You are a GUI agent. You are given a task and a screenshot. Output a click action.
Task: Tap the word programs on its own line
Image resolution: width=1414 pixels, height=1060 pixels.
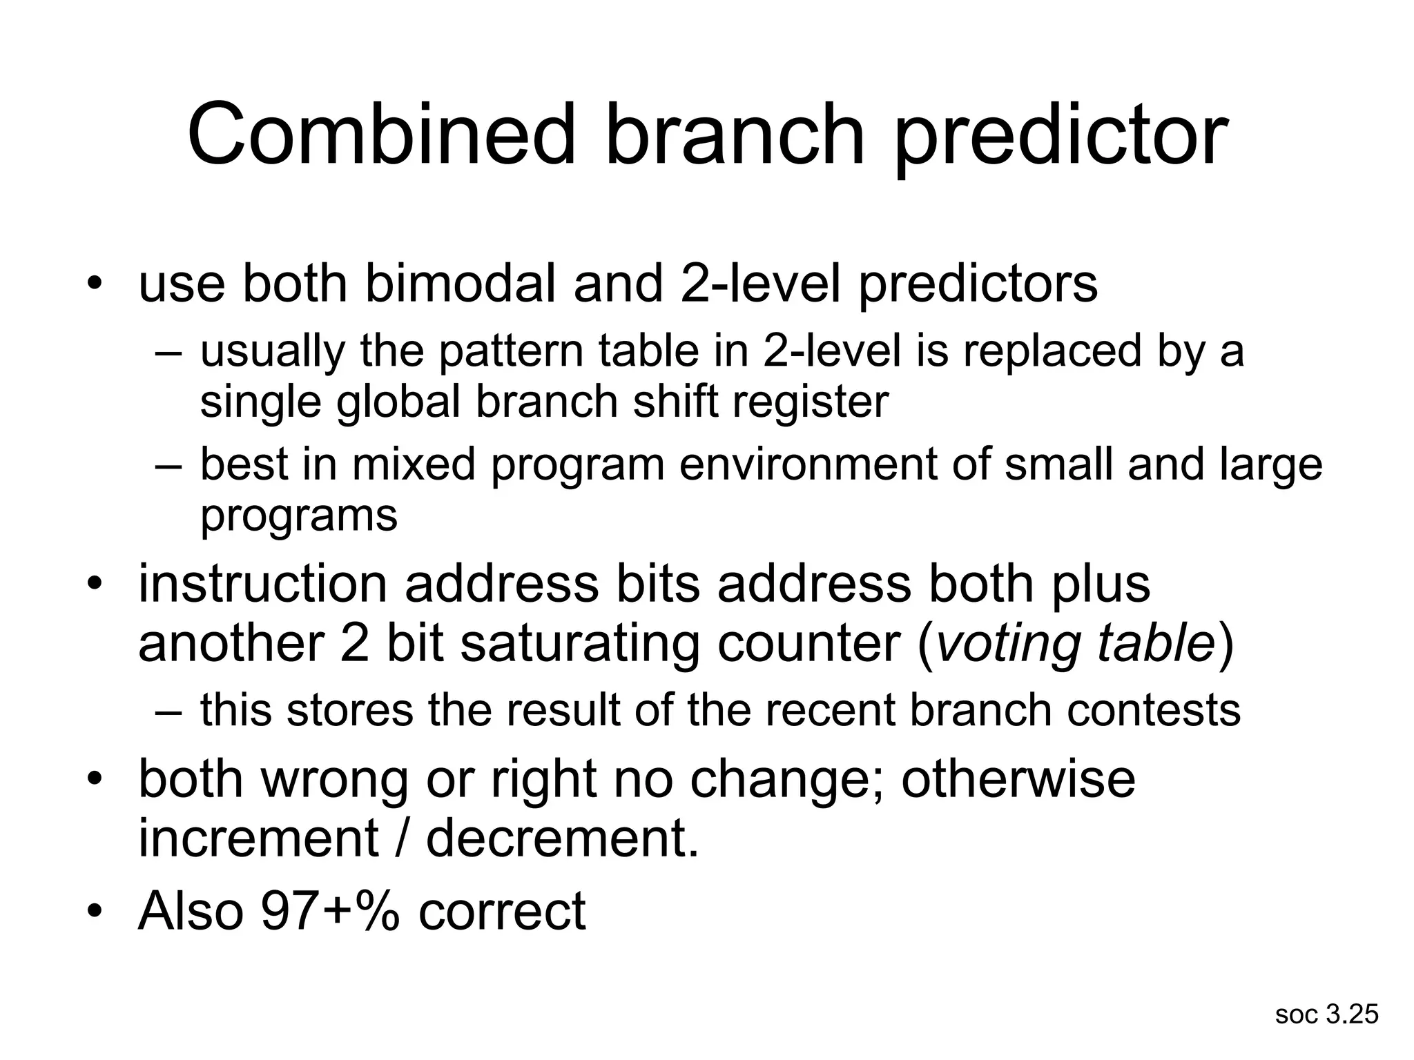pyautogui.click(x=299, y=515)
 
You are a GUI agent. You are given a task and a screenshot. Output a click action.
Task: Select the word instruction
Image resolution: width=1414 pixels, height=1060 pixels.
pyautogui.click(x=263, y=584)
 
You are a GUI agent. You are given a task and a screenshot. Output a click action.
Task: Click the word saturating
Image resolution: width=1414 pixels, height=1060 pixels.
pyautogui.click(x=580, y=643)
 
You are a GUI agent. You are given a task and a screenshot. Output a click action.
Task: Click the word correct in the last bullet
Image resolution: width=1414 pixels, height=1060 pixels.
pyautogui.click(x=502, y=911)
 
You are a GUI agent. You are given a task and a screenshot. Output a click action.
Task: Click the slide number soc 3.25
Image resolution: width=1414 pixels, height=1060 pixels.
pyautogui.click(x=1326, y=1014)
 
